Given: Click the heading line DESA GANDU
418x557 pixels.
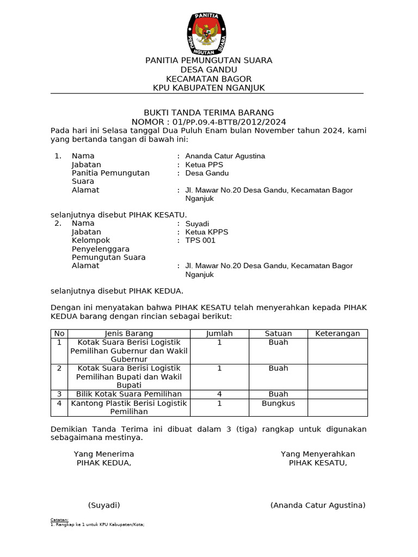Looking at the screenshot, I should (x=209, y=70).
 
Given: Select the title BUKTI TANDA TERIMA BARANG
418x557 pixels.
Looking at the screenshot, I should (x=208, y=113).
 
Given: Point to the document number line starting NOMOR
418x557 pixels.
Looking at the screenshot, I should (x=208, y=122).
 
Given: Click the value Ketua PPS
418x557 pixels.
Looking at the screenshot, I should (x=204, y=165).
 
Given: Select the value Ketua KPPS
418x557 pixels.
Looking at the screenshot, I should (x=207, y=232).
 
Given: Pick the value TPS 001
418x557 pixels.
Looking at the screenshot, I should (x=200, y=240).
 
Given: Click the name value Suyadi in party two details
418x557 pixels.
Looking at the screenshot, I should (x=197, y=224).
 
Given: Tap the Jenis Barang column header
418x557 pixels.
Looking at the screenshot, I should (x=128, y=333).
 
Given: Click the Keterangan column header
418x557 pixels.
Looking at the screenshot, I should (x=337, y=333).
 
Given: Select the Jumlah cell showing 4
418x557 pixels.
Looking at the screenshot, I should (x=219, y=394).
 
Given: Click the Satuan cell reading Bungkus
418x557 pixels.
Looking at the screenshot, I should (x=278, y=403).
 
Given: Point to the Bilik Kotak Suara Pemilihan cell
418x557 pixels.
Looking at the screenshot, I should (x=128, y=394).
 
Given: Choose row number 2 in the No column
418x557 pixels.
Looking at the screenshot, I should (x=59, y=368).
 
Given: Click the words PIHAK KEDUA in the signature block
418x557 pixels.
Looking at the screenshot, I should (x=104, y=463).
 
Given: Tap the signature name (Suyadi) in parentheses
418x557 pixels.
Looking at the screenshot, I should (x=104, y=505).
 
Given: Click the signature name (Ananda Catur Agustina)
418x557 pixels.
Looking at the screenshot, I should (x=318, y=505).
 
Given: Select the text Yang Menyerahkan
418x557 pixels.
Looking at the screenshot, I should (x=318, y=454).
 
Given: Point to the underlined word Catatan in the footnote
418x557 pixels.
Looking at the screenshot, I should (x=59, y=520).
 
